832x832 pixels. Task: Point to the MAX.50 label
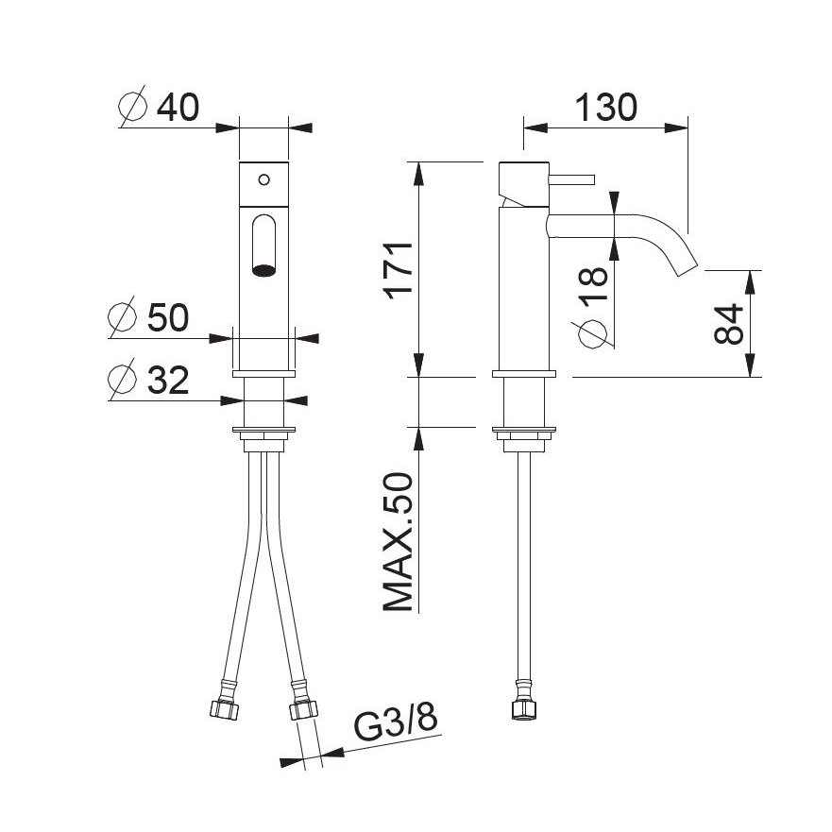click(x=398, y=542)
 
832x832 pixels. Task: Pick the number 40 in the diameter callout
click(x=178, y=107)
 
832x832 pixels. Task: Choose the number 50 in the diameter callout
click(x=168, y=317)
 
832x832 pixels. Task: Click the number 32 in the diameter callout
click(x=168, y=380)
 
